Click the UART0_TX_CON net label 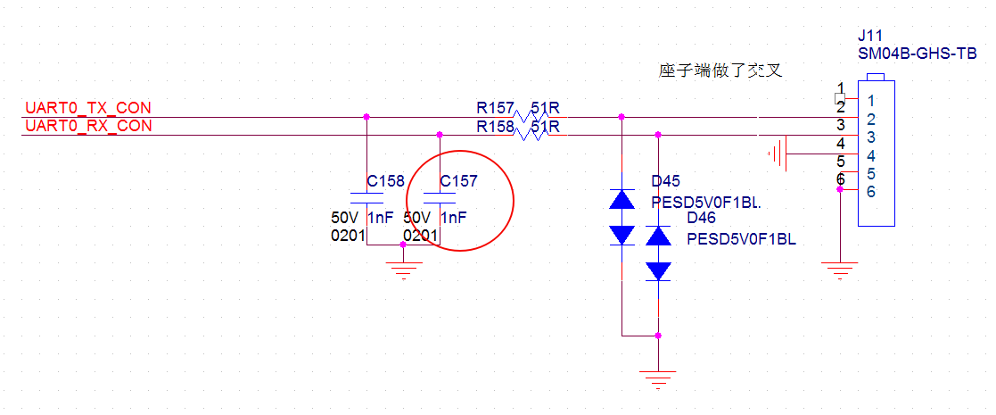[88, 108]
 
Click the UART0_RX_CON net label [88, 126]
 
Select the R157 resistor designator [495, 108]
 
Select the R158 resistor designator [495, 127]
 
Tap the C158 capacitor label [385, 181]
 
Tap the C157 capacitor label [458, 181]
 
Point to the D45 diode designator [666, 182]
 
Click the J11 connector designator [869, 37]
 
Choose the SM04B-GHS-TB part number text [917, 54]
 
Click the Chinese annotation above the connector [719, 71]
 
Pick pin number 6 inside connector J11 [871, 192]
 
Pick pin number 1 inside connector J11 [871, 102]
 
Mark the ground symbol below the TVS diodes [658, 380]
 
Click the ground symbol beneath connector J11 [839, 270]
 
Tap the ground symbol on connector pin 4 [777, 154]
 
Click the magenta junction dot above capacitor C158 [367, 116]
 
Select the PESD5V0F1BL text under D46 [741, 238]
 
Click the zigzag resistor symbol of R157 [531, 116]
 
